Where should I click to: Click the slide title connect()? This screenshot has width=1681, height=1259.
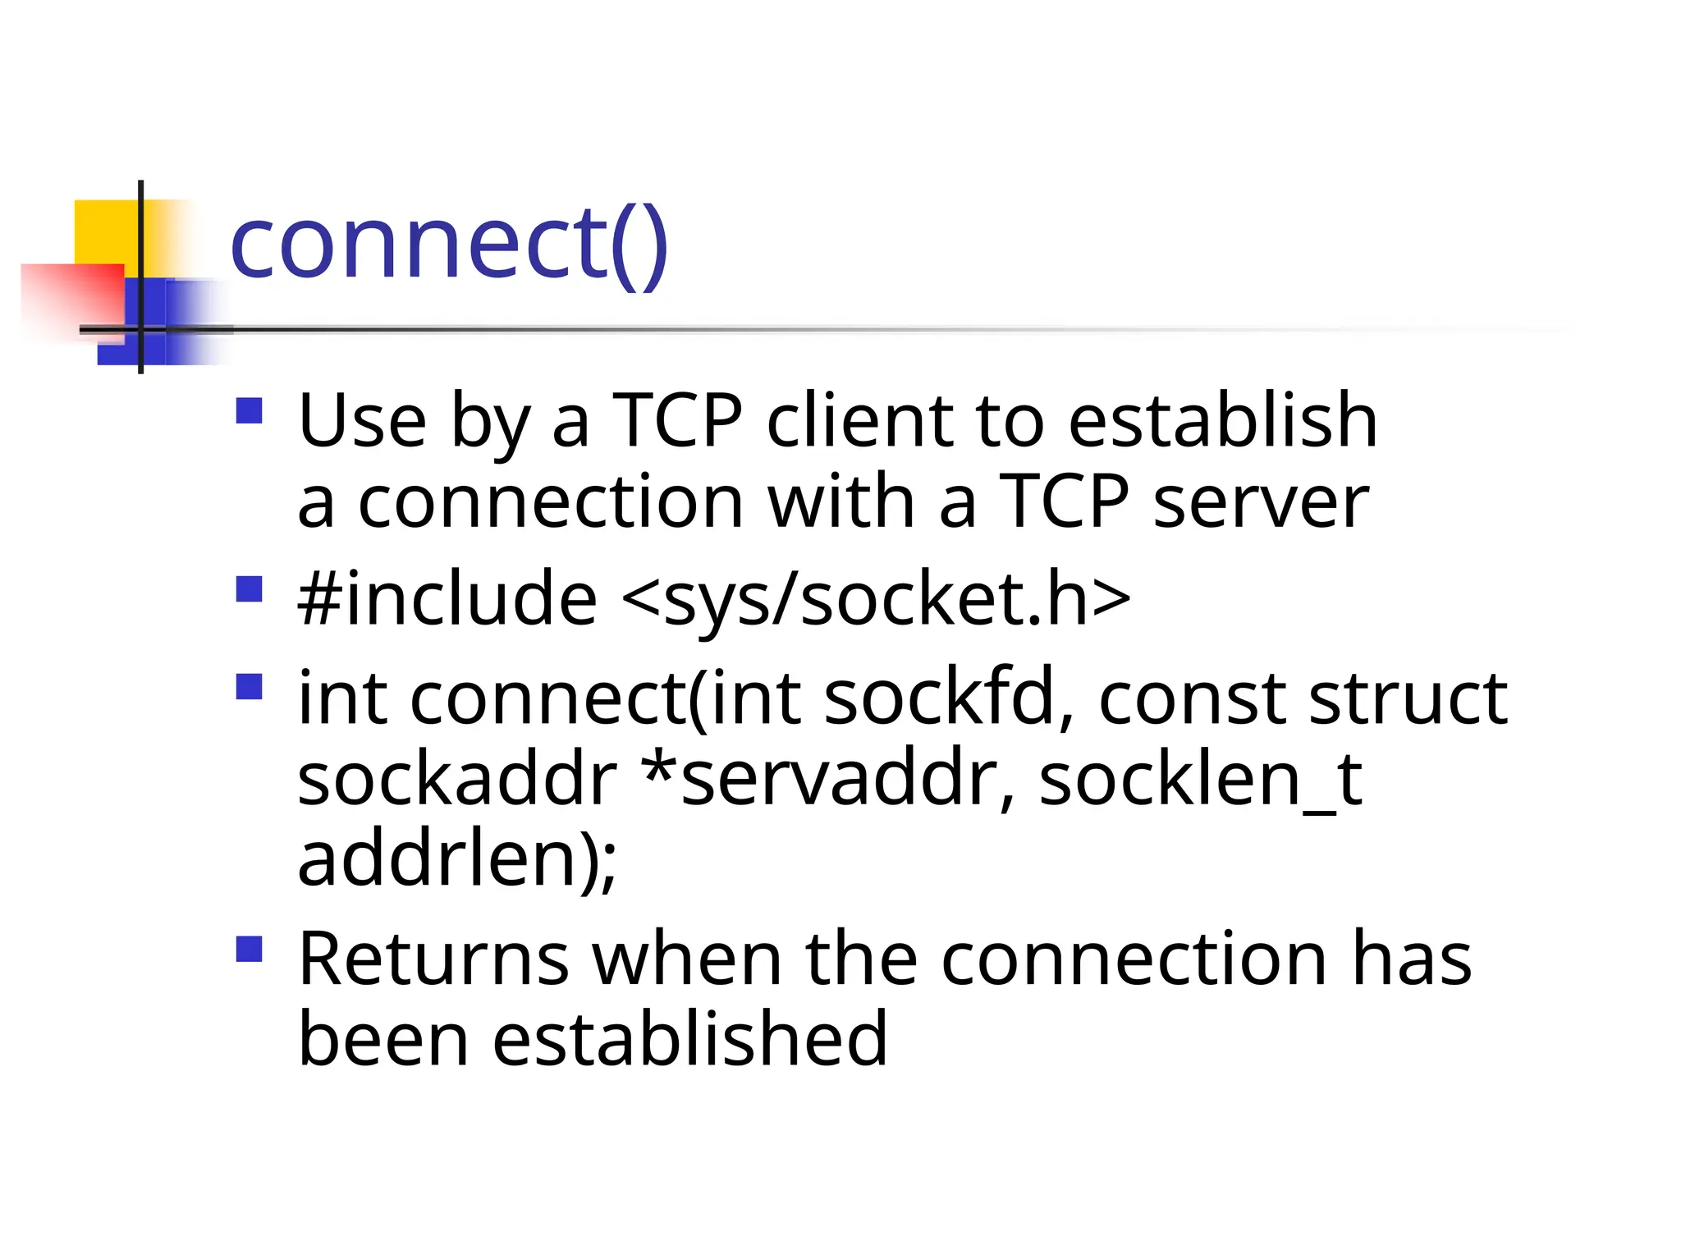pyautogui.click(x=449, y=245)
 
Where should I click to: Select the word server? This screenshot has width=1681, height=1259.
pyautogui.click(x=1260, y=501)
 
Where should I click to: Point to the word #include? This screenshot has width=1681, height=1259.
pyautogui.click(x=447, y=598)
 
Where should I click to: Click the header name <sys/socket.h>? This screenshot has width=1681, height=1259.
pyautogui.click(x=876, y=598)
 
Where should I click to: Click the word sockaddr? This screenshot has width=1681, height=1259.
pyautogui.click(x=456, y=779)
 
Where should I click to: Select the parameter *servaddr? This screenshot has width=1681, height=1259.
pyautogui.click(x=829, y=779)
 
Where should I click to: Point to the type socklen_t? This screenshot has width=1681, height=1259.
pyautogui.click(x=1200, y=779)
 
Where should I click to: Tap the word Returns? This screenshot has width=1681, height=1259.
pyautogui.click(x=433, y=959)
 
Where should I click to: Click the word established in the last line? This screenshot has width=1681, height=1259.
pyautogui.click(x=689, y=1039)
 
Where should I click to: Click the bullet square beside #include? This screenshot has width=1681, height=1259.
pyautogui.click(x=249, y=589)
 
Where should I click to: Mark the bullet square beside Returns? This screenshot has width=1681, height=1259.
pyautogui.click(x=249, y=949)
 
